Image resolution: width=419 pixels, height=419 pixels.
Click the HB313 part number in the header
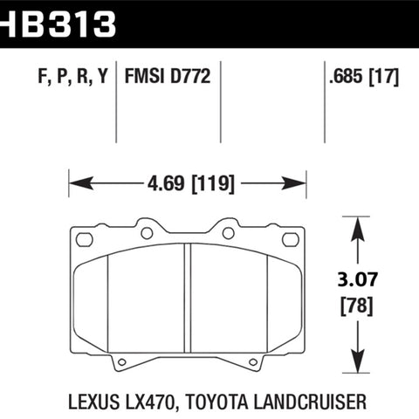pos(58,24)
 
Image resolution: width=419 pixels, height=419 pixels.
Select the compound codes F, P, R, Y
pos(72,76)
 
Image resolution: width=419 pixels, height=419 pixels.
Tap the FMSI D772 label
pos(168,76)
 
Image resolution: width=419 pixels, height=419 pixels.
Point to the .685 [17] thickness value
pos(364,77)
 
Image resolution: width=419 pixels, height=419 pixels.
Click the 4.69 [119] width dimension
pos(190,183)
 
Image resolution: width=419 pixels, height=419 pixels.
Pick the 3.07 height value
pos(357,279)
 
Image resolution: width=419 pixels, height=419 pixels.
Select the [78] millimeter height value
pos(357,306)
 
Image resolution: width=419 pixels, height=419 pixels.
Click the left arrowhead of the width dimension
pos(81,183)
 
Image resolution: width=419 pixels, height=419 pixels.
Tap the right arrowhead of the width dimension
pos(294,183)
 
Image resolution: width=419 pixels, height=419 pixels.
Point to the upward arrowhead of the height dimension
pos(357,229)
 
